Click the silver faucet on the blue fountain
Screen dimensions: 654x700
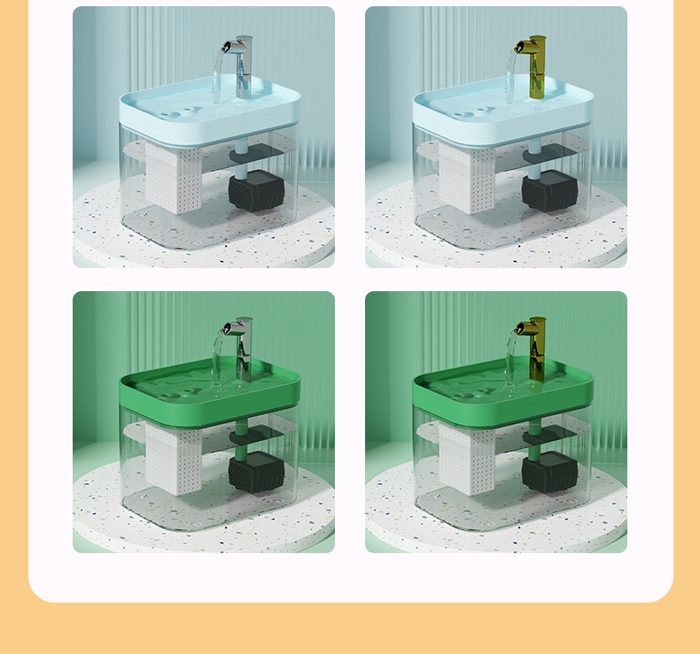click(x=244, y=66)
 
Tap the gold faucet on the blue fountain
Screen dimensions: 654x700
click(x=536, y=66)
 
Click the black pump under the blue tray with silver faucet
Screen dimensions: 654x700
click(x=254, y=189)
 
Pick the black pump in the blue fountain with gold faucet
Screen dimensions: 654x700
click(x=548, y=189)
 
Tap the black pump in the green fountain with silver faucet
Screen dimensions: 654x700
click(x=254, y=472)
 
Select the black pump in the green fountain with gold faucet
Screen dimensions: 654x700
click(x=548, y=472)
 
